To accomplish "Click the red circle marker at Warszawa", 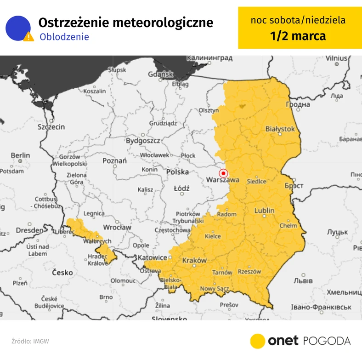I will click(223, 173).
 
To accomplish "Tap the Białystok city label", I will click(280, 129).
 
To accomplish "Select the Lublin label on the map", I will click(264, 211).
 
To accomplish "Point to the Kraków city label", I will click(194, 260).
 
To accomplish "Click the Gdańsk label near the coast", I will click(160, 74).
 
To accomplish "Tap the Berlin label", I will click(20, 156).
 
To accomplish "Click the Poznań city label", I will click(114, 160).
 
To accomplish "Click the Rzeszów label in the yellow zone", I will click(249, 272).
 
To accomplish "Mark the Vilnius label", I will click(336, 58).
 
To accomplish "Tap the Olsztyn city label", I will click(208, 111).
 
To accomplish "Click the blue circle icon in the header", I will click(17, 28).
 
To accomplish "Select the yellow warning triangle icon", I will click(29, 36).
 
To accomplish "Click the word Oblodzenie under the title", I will click(64, 37).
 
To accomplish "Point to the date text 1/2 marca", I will click(298, 36).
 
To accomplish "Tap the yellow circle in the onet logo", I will click(258, 341).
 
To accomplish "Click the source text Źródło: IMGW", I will click(30, 341).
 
